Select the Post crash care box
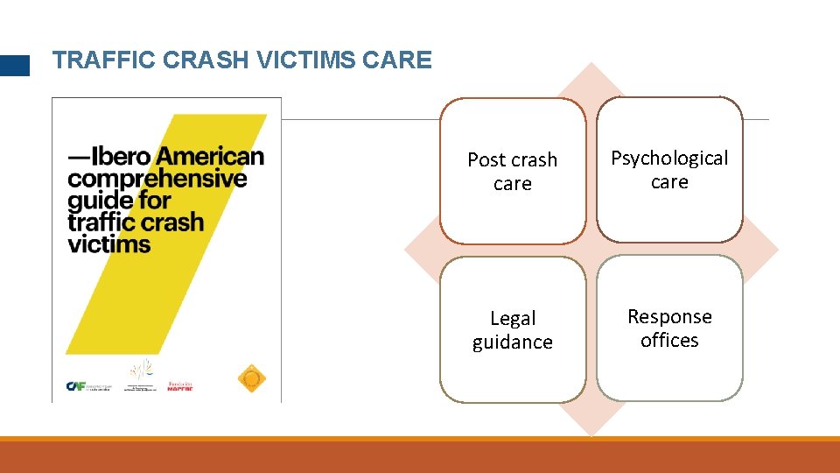pos(512,171)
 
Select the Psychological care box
pos(669,169)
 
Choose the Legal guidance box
pos(512,329)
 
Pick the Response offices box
pos(669,328)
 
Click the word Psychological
pos(669,159)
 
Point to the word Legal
pos(513,318)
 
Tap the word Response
pos(669,316)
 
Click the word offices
pos(669,340)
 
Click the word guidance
pos(513,342)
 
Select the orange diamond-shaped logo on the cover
pos(251,378)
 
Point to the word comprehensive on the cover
pos(157,179)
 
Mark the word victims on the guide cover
pos(109,243)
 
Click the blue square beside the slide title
pos(14,66)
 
